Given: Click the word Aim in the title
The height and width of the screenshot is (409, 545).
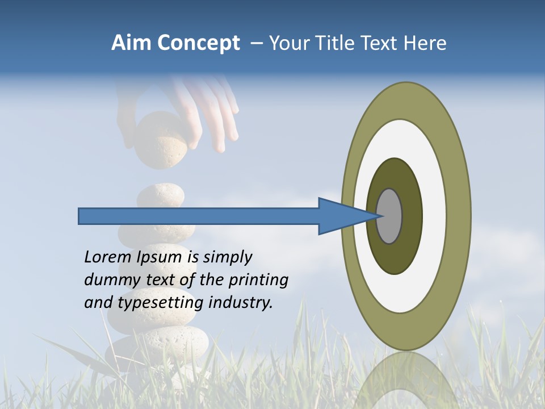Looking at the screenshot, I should [x=132, y=43].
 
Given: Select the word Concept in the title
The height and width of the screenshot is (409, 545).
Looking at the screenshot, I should [x=199, y=44].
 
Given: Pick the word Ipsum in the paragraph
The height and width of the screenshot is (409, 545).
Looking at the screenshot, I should [x=160, y=258].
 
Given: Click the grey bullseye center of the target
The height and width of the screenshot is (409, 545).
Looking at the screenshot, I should [x=389, y=216].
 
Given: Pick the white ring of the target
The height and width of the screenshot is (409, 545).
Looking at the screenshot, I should [x=434, y=216].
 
